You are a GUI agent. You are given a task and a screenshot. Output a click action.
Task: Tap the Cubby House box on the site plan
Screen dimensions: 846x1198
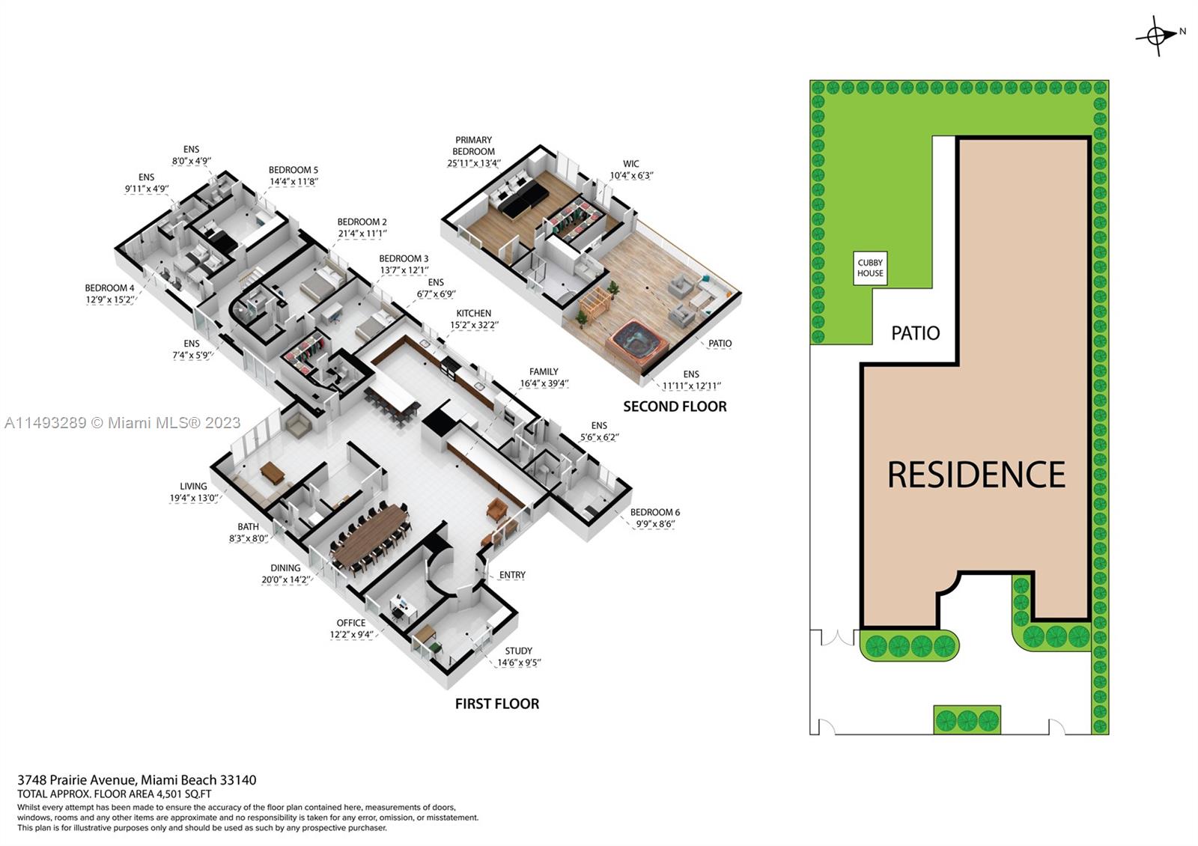pos(870,268)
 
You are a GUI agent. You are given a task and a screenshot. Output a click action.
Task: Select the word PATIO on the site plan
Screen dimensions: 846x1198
pos(915,333)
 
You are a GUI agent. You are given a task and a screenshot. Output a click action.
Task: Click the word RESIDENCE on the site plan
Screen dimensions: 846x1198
pos(976,475)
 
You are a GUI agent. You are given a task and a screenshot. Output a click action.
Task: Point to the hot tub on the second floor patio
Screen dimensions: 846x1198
pos(637,343)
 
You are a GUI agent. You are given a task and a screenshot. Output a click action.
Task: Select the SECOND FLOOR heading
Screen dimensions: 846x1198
pos(675,407)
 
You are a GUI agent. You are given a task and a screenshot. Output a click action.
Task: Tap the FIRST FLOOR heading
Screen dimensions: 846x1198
pos(497,704)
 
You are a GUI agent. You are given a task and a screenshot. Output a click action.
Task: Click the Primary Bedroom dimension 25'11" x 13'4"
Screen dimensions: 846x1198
pos(474,163)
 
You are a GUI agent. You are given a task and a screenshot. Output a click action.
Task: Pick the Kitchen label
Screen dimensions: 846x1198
pos(474,314)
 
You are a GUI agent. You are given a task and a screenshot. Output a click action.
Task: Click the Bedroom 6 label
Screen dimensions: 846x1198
pos(654,513)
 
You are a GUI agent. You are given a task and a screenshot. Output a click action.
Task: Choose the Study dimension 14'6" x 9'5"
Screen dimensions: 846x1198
pos(519,663)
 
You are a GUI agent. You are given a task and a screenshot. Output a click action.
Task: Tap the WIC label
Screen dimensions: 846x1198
pos(631,164)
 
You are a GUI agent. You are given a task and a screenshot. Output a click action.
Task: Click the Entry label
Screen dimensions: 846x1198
pos(512,575)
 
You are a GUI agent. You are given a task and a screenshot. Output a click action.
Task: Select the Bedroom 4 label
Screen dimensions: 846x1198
pos(109,288)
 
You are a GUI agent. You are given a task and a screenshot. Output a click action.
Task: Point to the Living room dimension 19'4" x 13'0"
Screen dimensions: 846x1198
pos(193,498)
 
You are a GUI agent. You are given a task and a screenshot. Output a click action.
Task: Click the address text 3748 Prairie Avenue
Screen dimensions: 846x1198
pos(76,780)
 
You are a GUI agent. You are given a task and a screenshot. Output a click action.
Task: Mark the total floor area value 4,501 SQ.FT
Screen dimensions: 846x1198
pos(183,794)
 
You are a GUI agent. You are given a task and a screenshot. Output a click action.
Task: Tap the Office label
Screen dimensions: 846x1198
pos(350,623)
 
